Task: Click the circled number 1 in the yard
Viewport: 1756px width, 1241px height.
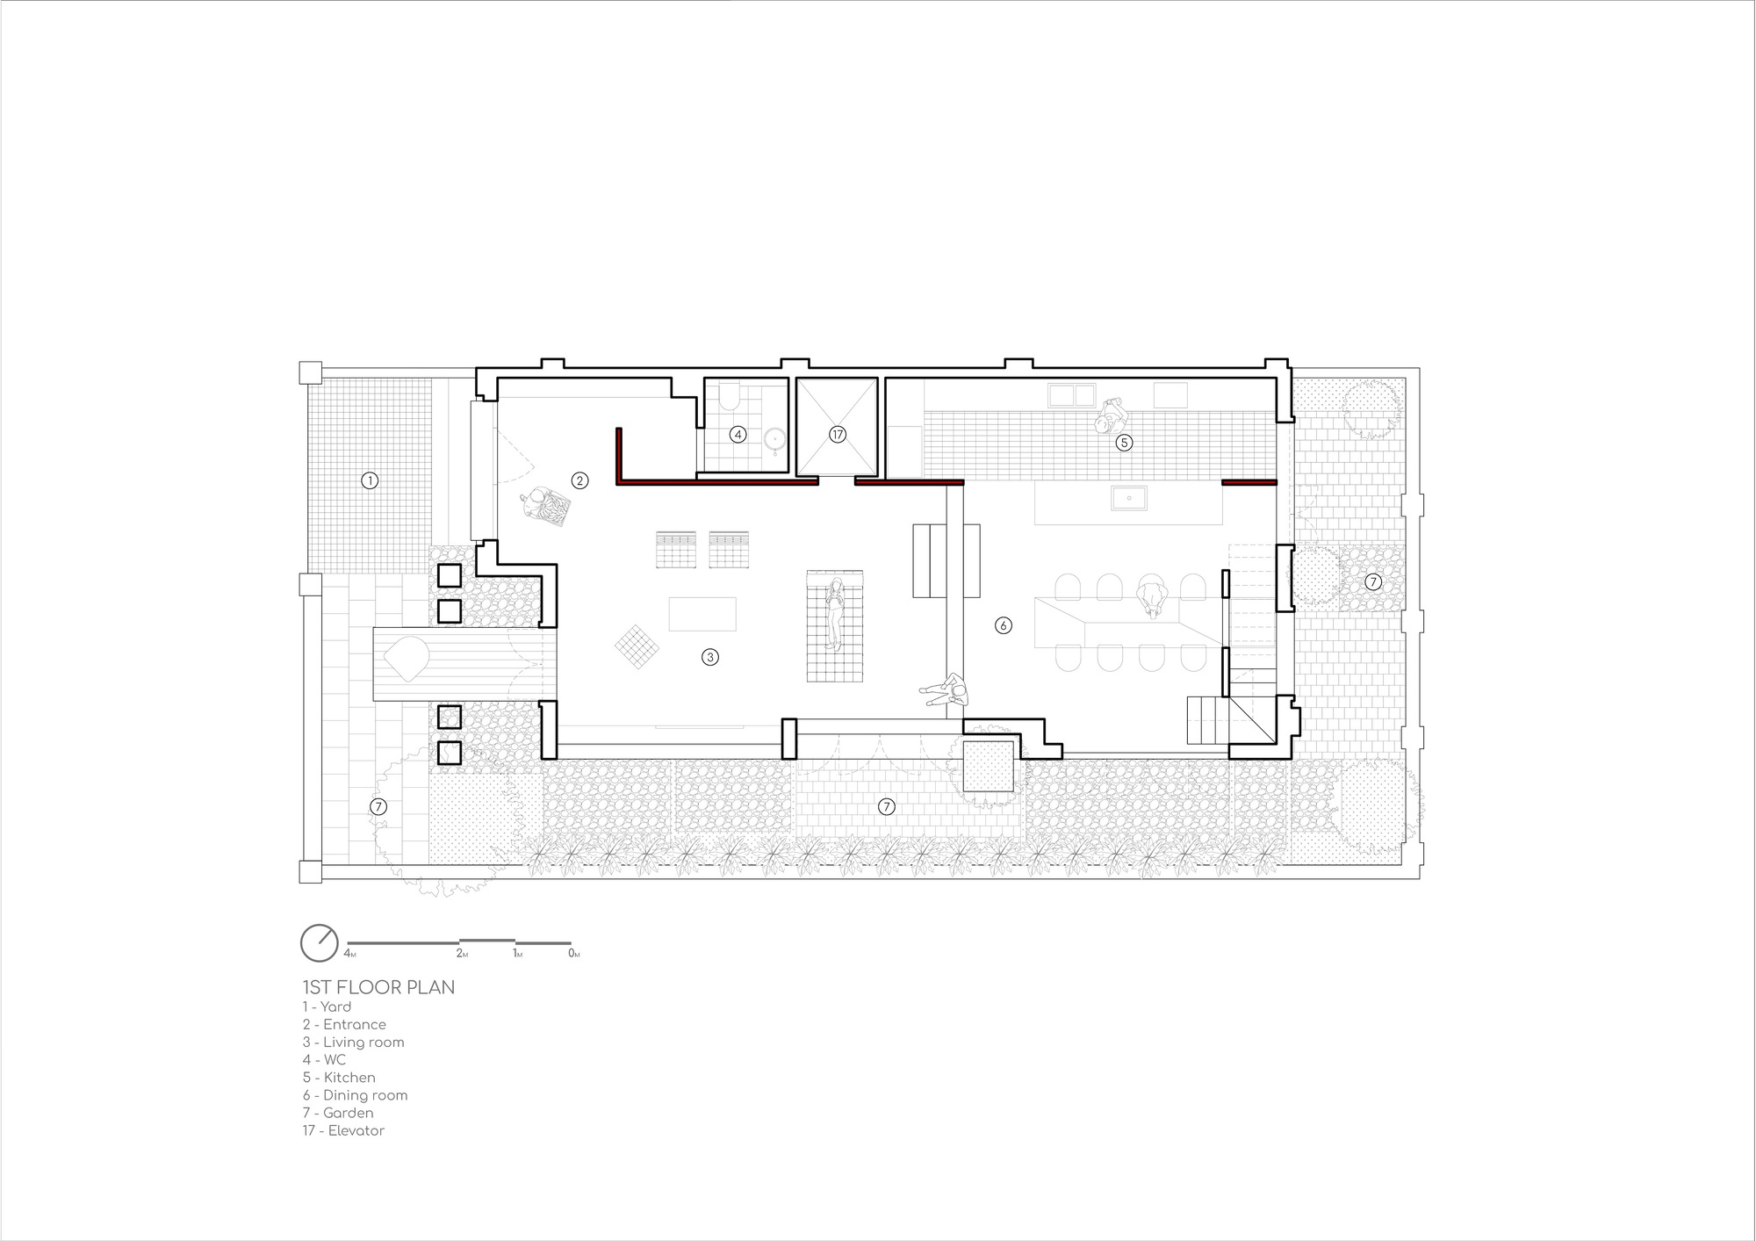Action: click(370, 480)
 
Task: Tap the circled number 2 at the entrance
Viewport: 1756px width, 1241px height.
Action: click(579, 480)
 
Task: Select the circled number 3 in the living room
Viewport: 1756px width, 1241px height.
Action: click(710, 656)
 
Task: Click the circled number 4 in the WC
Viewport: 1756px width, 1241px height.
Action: click(738, 434)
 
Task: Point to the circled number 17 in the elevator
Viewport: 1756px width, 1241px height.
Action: click(837, 434)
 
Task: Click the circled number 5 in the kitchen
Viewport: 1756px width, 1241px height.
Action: click(1124, 443)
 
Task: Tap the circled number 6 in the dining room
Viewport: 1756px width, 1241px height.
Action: click(1003, 625)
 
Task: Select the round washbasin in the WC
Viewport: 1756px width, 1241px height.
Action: click(774, 439)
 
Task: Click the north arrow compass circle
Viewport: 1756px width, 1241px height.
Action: click(319, 943)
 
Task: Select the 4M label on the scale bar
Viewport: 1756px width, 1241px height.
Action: click(349, 954)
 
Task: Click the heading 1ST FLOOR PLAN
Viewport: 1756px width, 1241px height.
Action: click(378, 987)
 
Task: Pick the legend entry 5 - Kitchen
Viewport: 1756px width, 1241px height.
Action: click(339, 1078)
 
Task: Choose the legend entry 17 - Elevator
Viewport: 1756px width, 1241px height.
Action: click(343, 1130)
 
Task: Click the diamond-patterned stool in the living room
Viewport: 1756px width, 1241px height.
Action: click(637, 648)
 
